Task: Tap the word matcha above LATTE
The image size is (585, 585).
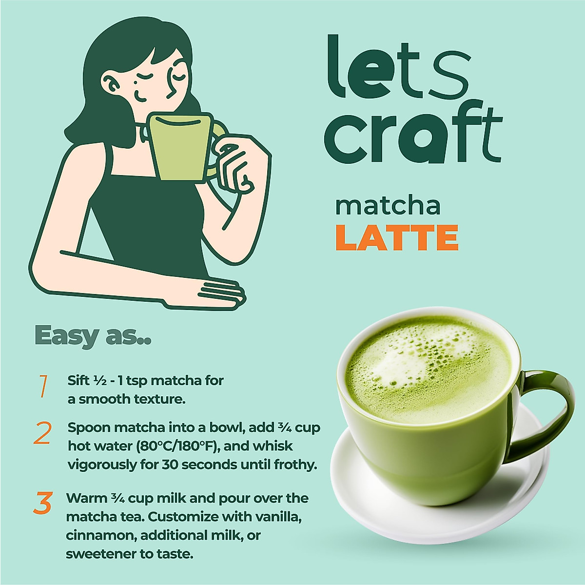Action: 388,206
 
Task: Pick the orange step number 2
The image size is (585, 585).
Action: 42,433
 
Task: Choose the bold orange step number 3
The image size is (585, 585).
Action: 43,504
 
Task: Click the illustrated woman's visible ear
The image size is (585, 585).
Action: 113,86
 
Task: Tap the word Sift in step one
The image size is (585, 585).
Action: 78,380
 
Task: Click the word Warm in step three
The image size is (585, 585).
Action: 86,498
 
